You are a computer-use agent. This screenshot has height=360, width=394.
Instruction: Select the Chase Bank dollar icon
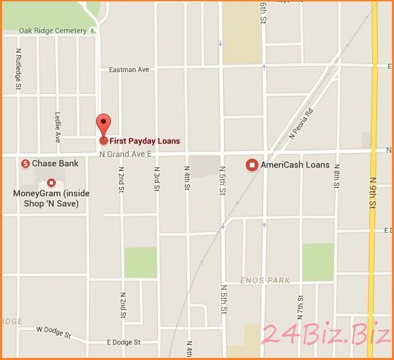click(x=24, y=163)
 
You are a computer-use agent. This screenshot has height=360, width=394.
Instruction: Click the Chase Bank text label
click(x=55, y=163)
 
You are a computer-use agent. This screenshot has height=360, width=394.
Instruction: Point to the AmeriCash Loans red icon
click(x=251, y=165)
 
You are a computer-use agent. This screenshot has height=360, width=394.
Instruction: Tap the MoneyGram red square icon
click(x=51, y=182)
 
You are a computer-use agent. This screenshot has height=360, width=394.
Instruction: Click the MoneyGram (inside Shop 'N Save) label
click(x=51, y=197)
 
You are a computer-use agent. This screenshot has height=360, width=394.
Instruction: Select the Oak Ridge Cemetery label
click(x=53, y=31)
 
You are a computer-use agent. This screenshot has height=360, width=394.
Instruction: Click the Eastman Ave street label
click(x=129, y=69)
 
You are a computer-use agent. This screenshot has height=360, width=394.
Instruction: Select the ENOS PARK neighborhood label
click(x=265, y=280)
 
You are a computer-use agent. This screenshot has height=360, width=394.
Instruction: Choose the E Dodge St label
click(x=123, y=342)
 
